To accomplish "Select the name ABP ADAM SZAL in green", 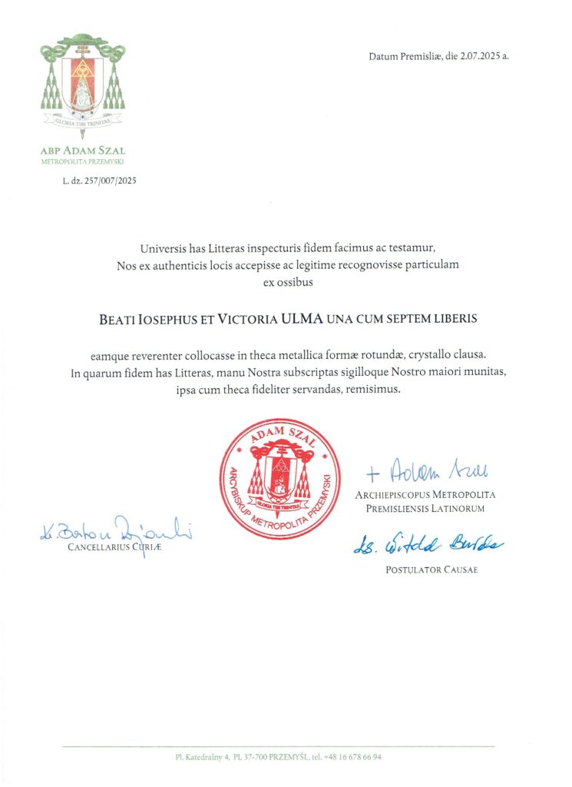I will tap(82, 151).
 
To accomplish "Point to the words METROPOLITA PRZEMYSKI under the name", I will tap(82, 161).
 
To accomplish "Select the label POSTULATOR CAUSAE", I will tap(425, 569).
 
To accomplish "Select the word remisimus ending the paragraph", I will tap(372, 390).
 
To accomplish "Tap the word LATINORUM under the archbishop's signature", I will tap(457, 509).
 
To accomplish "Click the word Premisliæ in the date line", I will tap(425, 57).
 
